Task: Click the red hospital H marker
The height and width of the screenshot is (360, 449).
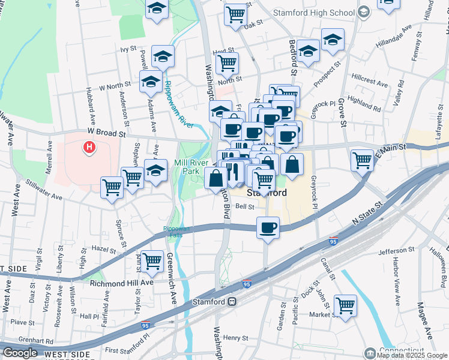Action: click(x=89, y=146)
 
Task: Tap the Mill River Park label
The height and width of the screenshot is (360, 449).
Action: click(x=186, y=167)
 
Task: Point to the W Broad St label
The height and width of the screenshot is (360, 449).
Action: click(x=106, y=130)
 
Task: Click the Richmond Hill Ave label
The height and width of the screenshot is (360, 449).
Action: click(x=122, y=282)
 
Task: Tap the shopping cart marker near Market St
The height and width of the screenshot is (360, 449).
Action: click(x=345, y=305)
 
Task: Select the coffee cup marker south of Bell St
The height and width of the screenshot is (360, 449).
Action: click(x=268, y=227)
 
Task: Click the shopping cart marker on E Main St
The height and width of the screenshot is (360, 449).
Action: click(x=363, y=160)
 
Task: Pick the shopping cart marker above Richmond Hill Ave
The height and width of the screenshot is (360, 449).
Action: click(x=152, y=260)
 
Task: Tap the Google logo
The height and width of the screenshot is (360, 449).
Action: click(x=20, y=352)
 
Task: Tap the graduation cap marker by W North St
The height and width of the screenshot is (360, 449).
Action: click(x=150, y=82)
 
